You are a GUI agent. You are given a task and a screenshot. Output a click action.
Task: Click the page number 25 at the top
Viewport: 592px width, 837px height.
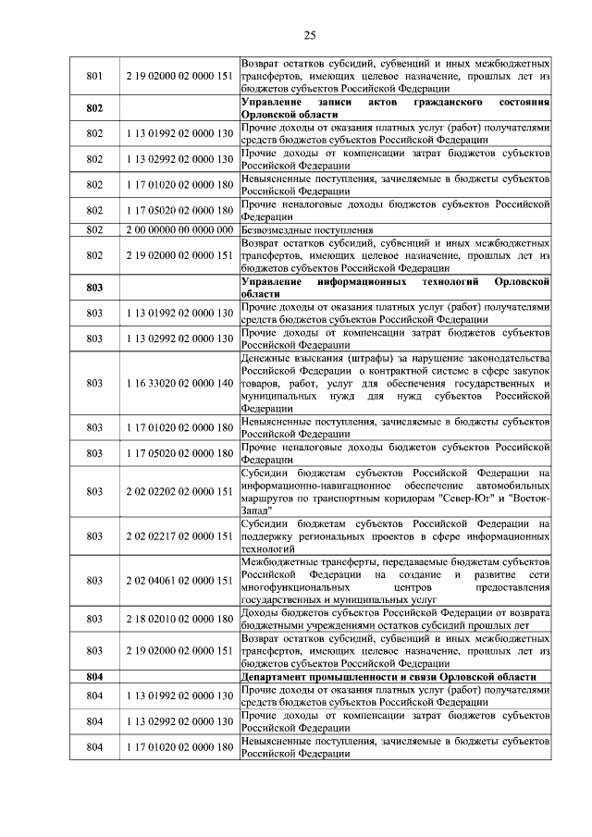coord(310,36)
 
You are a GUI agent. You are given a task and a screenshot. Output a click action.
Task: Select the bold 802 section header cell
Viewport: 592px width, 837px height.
coord(93,107)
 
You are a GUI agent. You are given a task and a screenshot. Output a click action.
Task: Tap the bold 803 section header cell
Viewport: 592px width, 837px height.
coord(93,287)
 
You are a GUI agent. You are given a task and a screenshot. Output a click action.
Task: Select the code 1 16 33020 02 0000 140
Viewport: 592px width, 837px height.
coord(178,383)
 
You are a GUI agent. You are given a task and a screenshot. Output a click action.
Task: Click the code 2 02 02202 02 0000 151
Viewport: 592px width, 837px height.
coord(178,492)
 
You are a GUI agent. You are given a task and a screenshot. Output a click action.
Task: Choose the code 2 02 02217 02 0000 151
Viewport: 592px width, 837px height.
coord(178,536)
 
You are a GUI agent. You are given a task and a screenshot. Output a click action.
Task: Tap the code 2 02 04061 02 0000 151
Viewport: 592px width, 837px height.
coord(178,581)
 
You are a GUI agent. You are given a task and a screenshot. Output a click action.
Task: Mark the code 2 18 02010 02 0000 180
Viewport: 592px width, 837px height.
coord(178,618)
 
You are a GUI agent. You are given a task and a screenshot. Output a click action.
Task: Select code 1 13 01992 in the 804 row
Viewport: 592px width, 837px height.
coord(178,695)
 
